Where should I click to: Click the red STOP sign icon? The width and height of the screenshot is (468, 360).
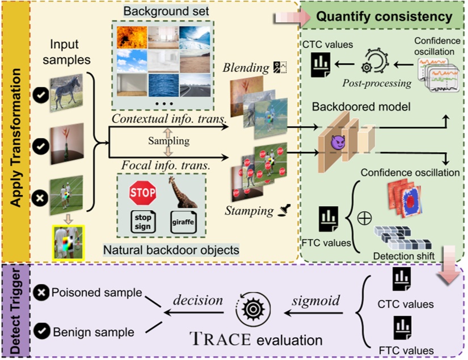[x=142, y=194]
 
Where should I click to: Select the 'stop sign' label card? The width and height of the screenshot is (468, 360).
[x=143, y=221]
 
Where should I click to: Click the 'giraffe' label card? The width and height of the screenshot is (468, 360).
[x=183, y=221]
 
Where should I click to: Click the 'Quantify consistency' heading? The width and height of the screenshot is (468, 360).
[x=385, y=16]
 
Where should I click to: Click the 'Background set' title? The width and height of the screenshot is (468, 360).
[x=160, y=12]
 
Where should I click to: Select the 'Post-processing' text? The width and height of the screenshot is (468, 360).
[x=377, y=83]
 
